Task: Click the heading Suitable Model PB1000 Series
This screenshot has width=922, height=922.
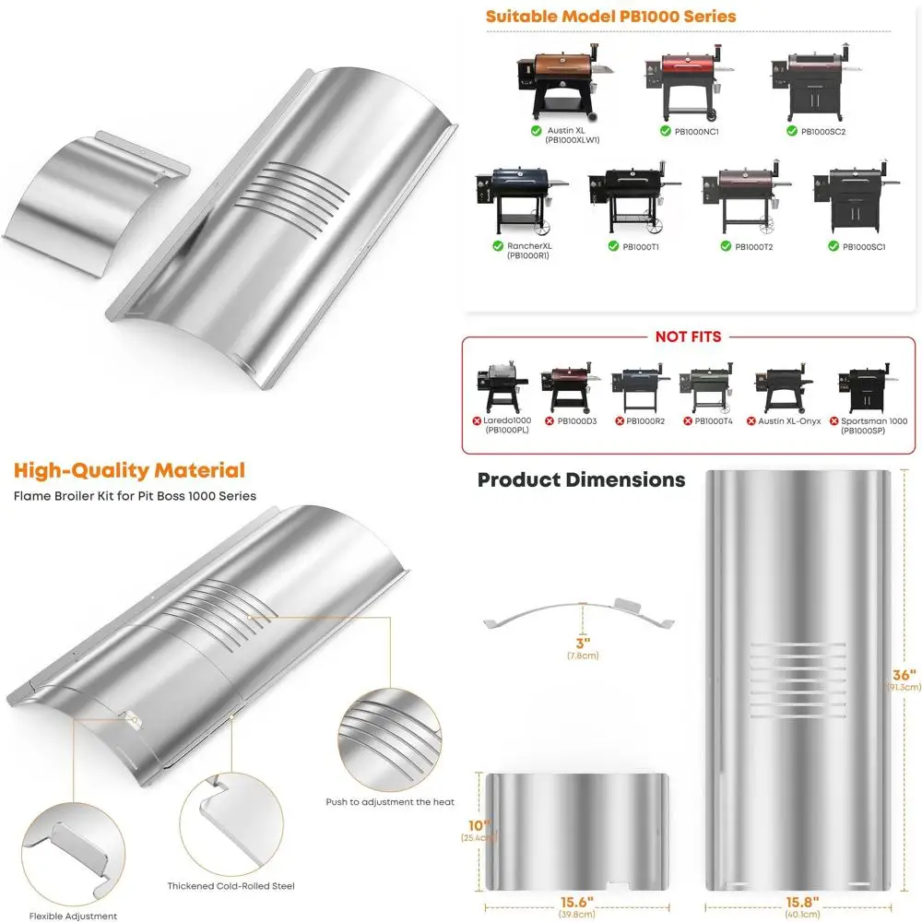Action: (x=610, y=17)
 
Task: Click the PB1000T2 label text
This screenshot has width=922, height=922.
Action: (x=753, y=247)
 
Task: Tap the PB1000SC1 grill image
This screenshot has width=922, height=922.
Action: (x=857, y=200)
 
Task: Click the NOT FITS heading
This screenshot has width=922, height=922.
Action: (x=688, y=337)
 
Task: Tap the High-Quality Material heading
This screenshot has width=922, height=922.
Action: (x=129, y=470)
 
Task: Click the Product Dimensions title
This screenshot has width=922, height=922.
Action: (x=581, y=479)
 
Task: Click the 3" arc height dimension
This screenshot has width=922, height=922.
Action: (x=584, y=644)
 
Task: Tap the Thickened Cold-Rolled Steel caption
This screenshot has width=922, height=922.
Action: (x=230, y=886)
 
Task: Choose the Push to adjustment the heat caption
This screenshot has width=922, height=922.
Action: (x=390, y=802)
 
